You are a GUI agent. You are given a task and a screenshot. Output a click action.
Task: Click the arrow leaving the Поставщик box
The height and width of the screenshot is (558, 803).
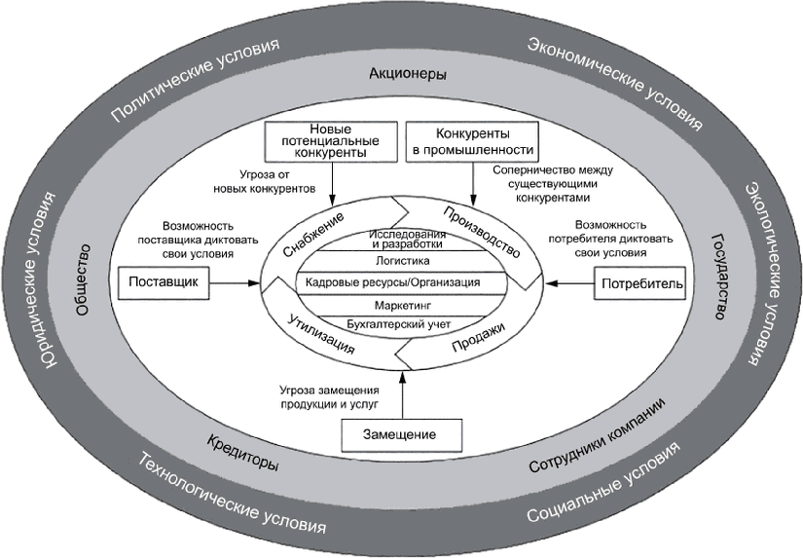tap(236, 282)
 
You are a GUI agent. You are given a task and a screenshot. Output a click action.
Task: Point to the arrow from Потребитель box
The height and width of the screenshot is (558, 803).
tap(570, 283)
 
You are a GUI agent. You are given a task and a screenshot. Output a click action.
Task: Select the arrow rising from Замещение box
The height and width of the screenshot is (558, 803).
tap(403, 395)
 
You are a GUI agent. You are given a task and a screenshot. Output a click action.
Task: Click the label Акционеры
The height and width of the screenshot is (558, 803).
tap(408, 74)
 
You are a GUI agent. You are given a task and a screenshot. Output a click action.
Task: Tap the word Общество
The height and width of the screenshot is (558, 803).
tap(83, 279)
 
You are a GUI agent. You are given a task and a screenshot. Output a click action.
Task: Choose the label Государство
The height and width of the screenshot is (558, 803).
tap(719, 277)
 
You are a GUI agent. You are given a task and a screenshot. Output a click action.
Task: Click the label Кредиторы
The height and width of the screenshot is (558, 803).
tap(242, 453)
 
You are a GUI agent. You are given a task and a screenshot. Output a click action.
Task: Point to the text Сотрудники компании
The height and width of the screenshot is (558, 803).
tap(597, 435)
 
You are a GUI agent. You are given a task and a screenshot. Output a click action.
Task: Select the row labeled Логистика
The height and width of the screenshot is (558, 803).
tap(403, 261)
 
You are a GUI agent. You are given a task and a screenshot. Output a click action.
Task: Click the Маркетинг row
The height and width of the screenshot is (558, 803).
tap(403, 306)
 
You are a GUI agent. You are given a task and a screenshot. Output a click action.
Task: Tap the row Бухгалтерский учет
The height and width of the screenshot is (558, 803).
tap(399, 325)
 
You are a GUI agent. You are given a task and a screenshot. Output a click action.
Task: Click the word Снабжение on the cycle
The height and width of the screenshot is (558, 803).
tap(313, 235)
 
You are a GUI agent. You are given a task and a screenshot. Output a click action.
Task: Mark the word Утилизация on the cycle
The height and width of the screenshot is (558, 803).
tap(320, 334)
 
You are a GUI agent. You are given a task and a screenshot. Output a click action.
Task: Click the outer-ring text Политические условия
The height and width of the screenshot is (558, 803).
tap(196, 80)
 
